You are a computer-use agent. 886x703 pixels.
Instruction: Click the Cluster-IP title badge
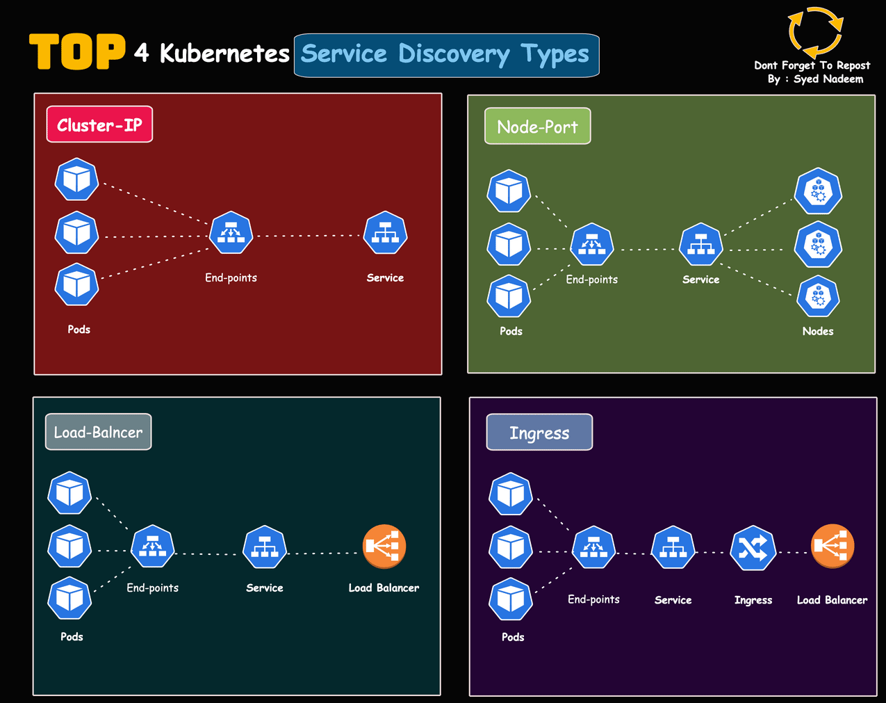coord(99,124)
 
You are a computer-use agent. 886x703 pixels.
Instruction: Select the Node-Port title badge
coord(537,127)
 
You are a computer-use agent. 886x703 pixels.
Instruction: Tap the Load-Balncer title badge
coord(98,432)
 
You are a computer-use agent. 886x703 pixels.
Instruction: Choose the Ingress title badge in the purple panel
coord(539,433)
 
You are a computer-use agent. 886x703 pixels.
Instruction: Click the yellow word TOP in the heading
coord(77,52)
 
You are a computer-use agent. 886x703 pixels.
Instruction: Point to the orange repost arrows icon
coord(815,32)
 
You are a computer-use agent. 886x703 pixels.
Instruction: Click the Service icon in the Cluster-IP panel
coord(385,234)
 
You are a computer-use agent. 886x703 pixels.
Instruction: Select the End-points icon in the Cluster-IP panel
coord(231,234)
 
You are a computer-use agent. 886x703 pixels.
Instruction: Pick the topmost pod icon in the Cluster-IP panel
coord(76,179)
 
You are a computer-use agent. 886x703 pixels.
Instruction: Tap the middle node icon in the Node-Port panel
coord(819,245)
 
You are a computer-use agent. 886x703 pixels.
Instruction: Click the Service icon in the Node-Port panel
coord(700,245)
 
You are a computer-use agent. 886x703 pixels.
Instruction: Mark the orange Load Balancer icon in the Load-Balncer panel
coord(384,547)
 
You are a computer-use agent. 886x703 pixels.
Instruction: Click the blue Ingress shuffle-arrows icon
coord(753,549)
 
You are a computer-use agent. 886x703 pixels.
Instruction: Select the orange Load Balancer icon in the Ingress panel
coord(832,547)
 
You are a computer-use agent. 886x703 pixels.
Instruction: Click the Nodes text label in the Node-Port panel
coord(818,331)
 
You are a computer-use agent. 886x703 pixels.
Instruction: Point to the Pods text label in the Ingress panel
coord(513,637)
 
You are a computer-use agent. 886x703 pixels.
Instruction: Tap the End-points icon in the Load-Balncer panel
coord(153,547)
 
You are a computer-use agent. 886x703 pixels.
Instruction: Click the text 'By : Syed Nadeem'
coord(815,79)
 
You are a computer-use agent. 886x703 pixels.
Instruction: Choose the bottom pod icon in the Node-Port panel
coord(509,296)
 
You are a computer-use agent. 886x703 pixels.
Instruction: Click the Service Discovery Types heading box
coord(446,55)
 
